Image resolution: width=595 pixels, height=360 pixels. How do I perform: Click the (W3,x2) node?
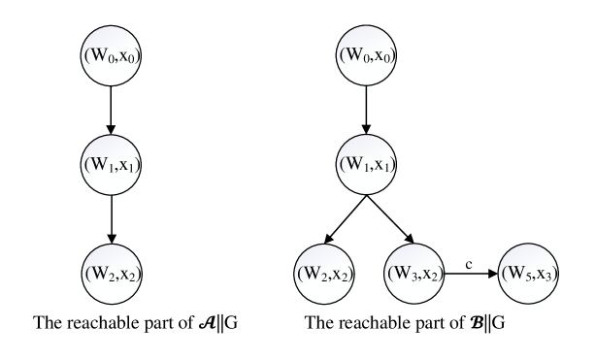click(414, 275)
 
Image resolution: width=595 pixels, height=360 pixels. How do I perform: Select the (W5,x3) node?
click(528, 275)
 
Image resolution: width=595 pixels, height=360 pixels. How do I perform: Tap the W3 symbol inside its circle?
click(403, 275)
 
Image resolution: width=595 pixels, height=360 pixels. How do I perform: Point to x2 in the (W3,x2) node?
click(431, 276)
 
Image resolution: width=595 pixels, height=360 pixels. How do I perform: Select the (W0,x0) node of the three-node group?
click(111, 55)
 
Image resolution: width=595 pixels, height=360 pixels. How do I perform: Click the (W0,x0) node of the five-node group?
click(366, 55)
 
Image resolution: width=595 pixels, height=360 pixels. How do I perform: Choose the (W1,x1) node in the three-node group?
click(111, 165)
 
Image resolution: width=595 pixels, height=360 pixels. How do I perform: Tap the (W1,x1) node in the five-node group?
click(366, 165)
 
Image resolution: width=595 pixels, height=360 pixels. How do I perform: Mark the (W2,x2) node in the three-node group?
click(111, 275)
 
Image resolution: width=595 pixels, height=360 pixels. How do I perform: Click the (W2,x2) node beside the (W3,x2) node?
click(323, 275)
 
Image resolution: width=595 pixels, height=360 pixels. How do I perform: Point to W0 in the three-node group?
click(99, 55)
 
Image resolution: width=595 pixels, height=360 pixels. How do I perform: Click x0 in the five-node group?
click(382, 56)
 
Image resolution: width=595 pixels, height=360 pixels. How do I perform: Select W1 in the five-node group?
click(354, 165)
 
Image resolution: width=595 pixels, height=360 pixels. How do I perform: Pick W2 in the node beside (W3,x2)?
click(312, 275)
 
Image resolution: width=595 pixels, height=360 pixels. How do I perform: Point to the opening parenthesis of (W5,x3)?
click(503, 275)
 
